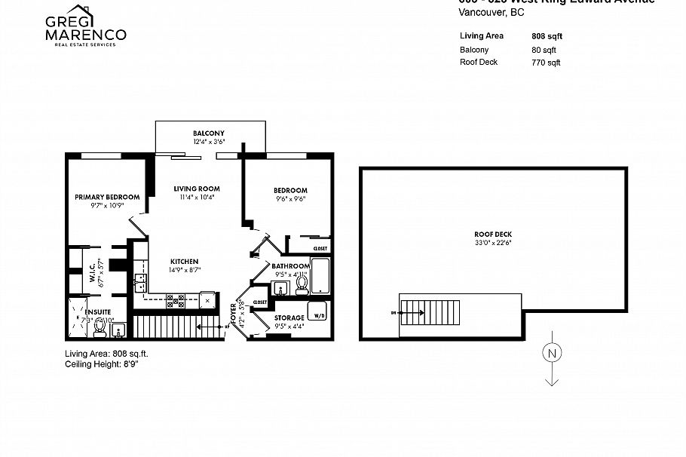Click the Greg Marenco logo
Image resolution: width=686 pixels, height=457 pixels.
coord(85,27)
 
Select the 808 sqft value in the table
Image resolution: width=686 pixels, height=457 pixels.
coord(547,35)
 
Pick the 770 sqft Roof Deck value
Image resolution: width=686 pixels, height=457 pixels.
coord(547,63)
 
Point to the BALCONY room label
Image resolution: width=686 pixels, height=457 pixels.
coord(209,133)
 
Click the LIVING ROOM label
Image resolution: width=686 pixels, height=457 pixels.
coord(197,189)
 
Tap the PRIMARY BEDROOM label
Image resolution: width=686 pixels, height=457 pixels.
coord(107,197)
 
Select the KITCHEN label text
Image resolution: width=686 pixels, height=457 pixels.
coord(185,261)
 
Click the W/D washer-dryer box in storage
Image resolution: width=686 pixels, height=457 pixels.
coord(317,315)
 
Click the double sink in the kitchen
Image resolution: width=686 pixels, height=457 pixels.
coord(140,282)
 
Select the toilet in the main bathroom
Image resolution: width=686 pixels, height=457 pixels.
coord(302,284)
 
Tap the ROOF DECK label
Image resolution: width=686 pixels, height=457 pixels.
coord(493,234)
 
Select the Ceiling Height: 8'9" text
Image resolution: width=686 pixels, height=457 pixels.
coord(102,363)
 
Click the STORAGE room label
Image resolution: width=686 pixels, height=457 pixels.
coord(289,317)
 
